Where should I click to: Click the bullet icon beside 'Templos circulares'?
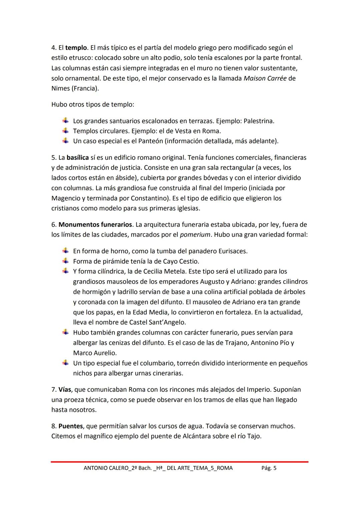66,131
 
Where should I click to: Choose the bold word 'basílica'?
77,157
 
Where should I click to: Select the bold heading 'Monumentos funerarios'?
95,224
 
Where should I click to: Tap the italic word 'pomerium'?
195,235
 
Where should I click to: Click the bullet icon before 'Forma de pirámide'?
66,261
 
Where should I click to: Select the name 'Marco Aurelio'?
95,353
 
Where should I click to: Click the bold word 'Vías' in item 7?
65,389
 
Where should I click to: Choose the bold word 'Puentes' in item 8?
70,426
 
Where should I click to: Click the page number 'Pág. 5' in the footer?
269,468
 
